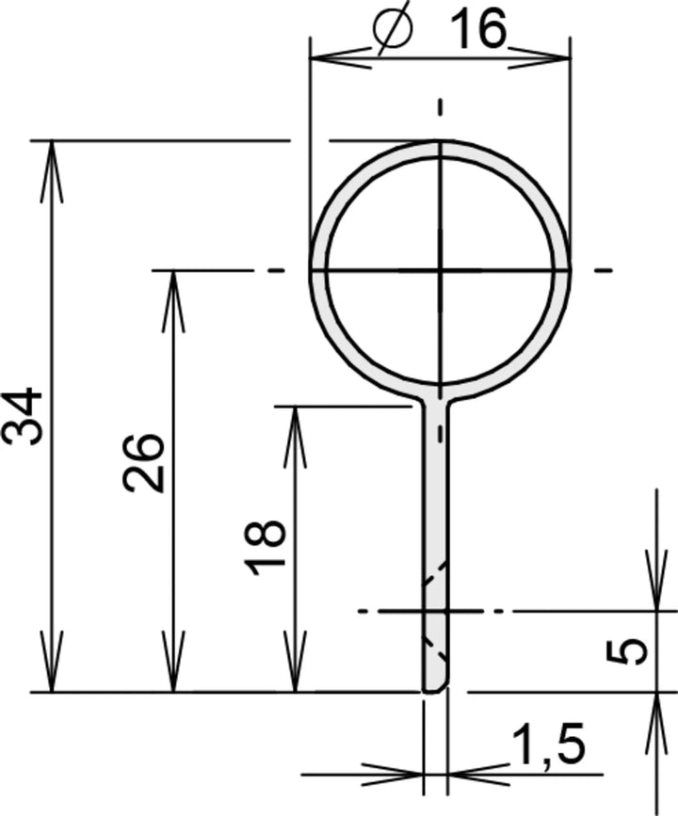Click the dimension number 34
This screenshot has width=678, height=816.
(x=23, y=415)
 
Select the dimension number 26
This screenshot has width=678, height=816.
(x=144, y=462)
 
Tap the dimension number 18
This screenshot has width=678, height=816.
(x=266, y=545)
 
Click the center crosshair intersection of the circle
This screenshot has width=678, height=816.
(x=440, y=271)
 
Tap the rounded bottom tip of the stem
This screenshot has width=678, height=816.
(x=434, y=688)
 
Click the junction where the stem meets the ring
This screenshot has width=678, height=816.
(x=434, y=399)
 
